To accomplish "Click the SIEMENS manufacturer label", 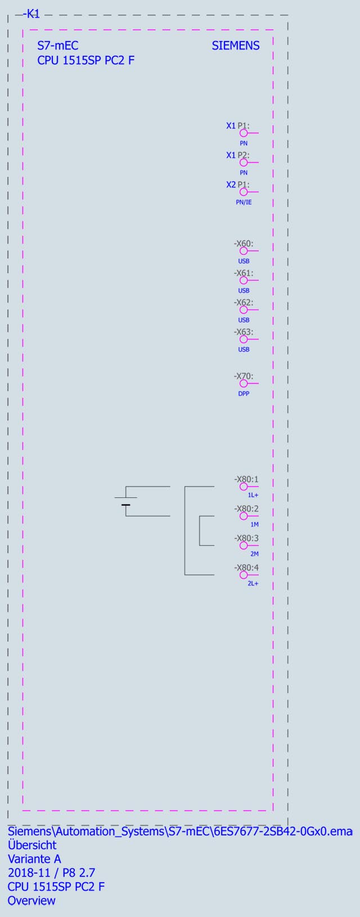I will (236, 46).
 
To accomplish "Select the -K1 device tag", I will (31, 15).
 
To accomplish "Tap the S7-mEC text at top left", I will (57, 46).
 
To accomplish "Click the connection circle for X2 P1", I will (244, 192).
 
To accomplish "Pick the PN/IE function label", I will (244, 202).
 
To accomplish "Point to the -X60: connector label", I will (244, 244).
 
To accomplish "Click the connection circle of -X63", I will (244, 339).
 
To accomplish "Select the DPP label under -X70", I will (244, 394).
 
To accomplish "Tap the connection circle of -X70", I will (244, 383).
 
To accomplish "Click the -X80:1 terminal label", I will (246, 479).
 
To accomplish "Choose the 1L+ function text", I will (253, 496).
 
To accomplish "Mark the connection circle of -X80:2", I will (244, 516).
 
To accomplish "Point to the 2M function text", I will (254, 554).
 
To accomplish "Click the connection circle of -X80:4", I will (244, 575).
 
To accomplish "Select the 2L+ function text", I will (253, 584).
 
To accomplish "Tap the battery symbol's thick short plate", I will (125, 505).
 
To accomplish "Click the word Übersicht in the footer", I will (32, 845).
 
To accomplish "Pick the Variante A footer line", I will (34, 859).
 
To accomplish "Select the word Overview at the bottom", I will (31, 901).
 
